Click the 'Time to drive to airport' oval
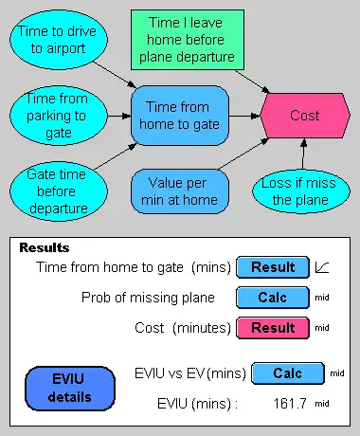(x=59, y=40)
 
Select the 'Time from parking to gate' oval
(x=59, y=116)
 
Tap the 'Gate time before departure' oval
(x=59, y=191)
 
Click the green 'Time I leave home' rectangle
(x=188, y=40)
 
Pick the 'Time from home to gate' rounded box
(x=180, y=116)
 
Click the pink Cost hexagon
(x=305, y=116)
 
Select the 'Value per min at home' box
(x=180, y=191)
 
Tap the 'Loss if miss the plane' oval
(x=301, y=191)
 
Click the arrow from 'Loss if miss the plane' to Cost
(x=303, y=154)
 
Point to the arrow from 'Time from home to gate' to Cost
(x=244, y=116)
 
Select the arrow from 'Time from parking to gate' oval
(x=119, y=116)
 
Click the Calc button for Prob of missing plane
(x=273, y=298)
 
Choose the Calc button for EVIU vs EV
(x=288, y=373)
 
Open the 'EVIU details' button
(x=70, y=389)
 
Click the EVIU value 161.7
(x=290, y=404)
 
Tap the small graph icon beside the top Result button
(x=322, y=267)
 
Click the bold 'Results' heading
(x=45, y=247)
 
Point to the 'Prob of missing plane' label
(x=148, y=298)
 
